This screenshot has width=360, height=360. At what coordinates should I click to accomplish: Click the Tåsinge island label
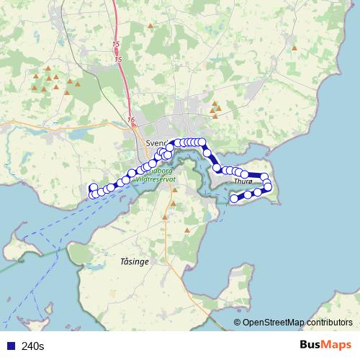click(x=135, y=262)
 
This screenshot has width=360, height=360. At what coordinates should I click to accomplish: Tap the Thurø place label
click(x=243, y=182)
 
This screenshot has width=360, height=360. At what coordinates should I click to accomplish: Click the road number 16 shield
click(x=130, y=120)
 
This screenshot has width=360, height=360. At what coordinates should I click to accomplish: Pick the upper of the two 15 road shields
click(x=117, y=45)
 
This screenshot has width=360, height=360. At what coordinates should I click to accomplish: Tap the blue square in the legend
click(x=10, y=346)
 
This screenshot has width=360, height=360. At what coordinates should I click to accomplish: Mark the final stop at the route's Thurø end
click(x=233, y=199)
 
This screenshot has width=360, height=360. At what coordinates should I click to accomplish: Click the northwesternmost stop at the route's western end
click(x=93, y=188)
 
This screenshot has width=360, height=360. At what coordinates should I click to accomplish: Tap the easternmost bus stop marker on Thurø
click(x=269, y=187)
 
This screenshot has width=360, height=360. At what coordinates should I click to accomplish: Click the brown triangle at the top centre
click(x=150, y=26)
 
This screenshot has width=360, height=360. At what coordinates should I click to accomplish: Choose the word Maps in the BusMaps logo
click(x=336, y=346)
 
